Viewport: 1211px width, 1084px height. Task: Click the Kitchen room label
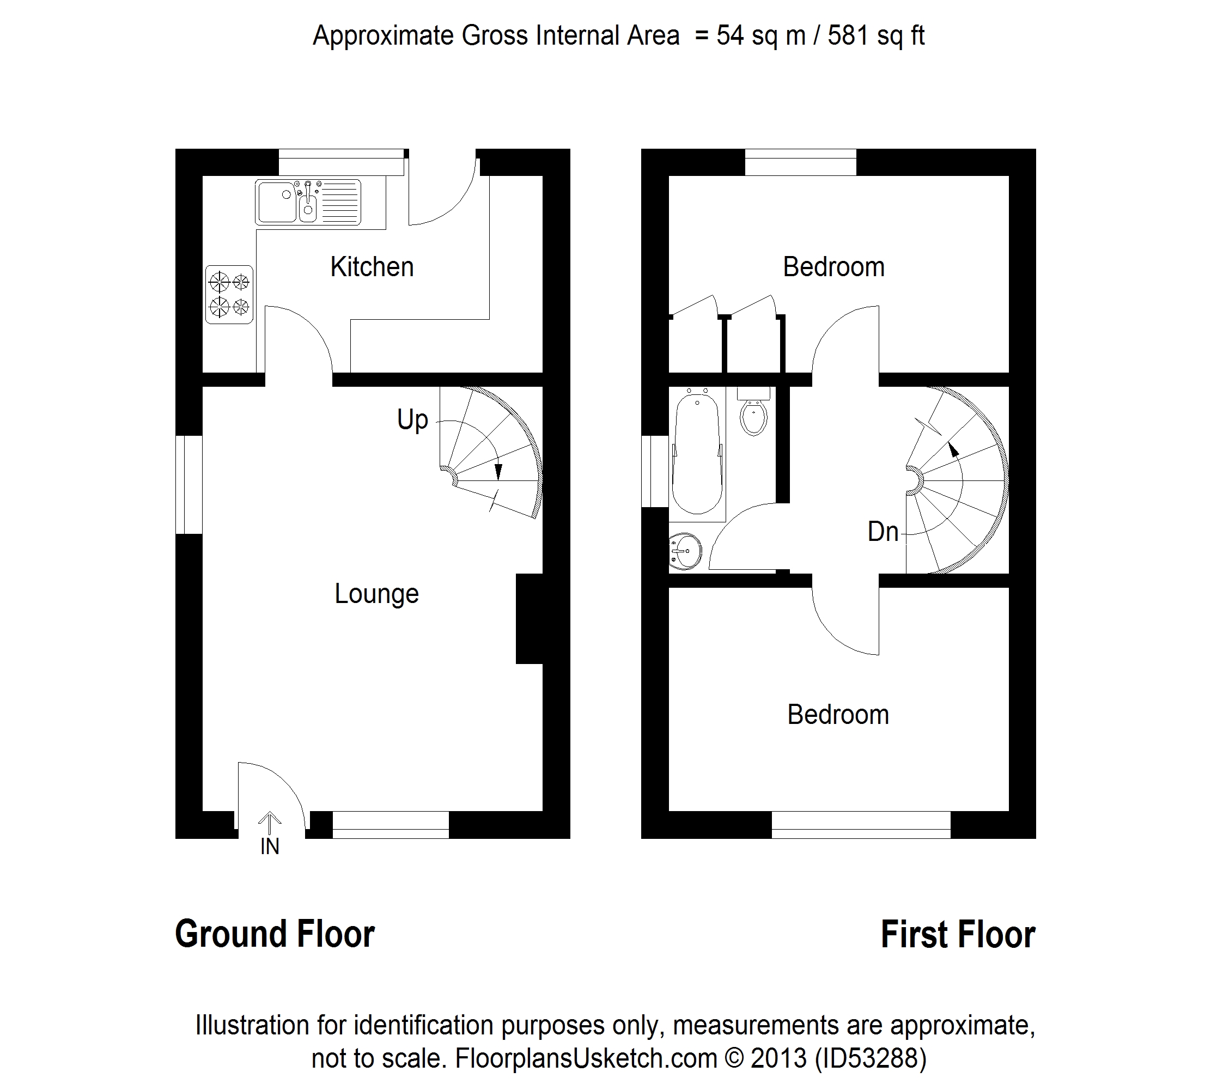pyautogui.click(x=372, y=267)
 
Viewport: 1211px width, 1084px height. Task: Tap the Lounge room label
pyautogui.click(x=376, y=594)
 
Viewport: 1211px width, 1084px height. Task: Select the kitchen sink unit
pyautogui.click(x=308, y=202)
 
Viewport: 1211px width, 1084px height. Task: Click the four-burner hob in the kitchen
pyautogui.click(x=229, y=294)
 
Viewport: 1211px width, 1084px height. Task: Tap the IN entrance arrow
pyautogui.click(x=270, y=824)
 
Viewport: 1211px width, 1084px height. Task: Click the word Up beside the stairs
pyautogui.click(x=412, y=420)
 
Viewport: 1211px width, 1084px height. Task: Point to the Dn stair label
pyautogui.click(x=883, y=532)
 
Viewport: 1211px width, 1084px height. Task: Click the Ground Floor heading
pyautogui.click(x=275, y=934)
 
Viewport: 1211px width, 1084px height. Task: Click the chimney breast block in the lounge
pyautogui.click(x=530, y=618)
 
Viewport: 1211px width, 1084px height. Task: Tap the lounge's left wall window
pyautogui.click(x=189, y=484)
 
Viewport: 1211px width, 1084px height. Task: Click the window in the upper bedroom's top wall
pyautogui.click(x=801, y=162)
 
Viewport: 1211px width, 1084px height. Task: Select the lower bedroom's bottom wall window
pyautogui.click(x=861, y=825)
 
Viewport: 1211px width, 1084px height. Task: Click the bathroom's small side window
pyautogui.click(x=655, y=471)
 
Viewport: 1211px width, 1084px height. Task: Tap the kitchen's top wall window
pyautogui.click(x=342, y=162)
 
